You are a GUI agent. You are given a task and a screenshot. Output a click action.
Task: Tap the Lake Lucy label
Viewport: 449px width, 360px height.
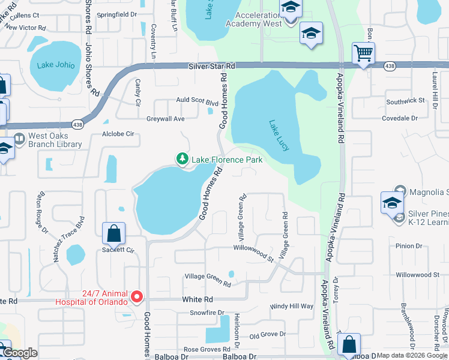click(x=279, y=135)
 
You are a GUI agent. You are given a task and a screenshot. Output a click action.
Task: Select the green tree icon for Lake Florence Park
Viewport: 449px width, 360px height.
click(x=182, y=159)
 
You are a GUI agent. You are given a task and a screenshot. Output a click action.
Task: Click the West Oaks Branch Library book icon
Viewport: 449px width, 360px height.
click(x=19, y=140)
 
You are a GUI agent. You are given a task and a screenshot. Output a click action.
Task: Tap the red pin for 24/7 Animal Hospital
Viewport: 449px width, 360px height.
click(x=137, y=296)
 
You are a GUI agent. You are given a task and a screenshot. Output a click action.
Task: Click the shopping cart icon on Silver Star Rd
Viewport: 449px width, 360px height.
click(x=363, y=54)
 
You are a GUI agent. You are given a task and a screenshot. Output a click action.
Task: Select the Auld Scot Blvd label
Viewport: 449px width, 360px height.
click(x=197, y=103)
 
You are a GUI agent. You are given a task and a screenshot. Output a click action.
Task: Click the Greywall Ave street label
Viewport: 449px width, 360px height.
click(x=166, y=119)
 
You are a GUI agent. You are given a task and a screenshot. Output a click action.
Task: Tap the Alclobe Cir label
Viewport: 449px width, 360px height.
click(x=118, y=134)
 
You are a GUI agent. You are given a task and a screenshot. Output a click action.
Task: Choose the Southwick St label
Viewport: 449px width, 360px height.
click(x=405, y=102)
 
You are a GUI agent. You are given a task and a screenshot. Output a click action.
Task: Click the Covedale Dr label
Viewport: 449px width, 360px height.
click(x=400, y=119)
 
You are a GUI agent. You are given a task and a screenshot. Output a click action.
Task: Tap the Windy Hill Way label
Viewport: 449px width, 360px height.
click(x=292, y=306)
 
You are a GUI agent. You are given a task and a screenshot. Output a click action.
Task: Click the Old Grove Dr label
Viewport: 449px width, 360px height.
click(x=267, y=335)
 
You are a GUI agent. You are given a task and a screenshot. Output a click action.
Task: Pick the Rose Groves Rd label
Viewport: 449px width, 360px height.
click(x=207, y=349)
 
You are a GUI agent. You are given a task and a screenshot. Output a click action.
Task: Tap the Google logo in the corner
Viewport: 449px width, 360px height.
click(x=20, y=353)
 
